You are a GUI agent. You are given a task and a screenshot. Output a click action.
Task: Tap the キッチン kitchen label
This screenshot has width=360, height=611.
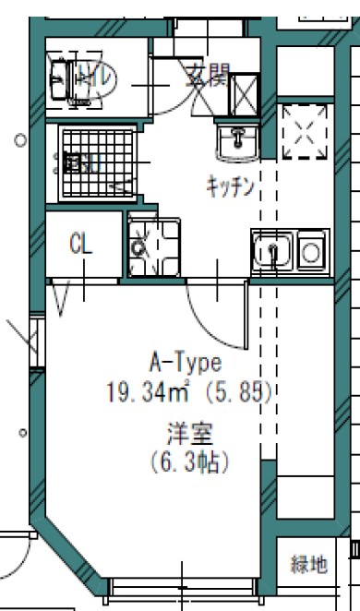(x=230, y=186)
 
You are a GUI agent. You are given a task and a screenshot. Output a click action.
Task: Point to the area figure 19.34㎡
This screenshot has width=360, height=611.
(x=147, y=392)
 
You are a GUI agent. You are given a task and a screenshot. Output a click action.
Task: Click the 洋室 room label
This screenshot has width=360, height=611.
(x=186, y=431)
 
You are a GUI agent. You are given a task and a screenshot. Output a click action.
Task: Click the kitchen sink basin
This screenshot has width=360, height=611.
(x=271, y=251)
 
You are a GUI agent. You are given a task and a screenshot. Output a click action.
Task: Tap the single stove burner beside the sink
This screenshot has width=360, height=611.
(x=310, y=250)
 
